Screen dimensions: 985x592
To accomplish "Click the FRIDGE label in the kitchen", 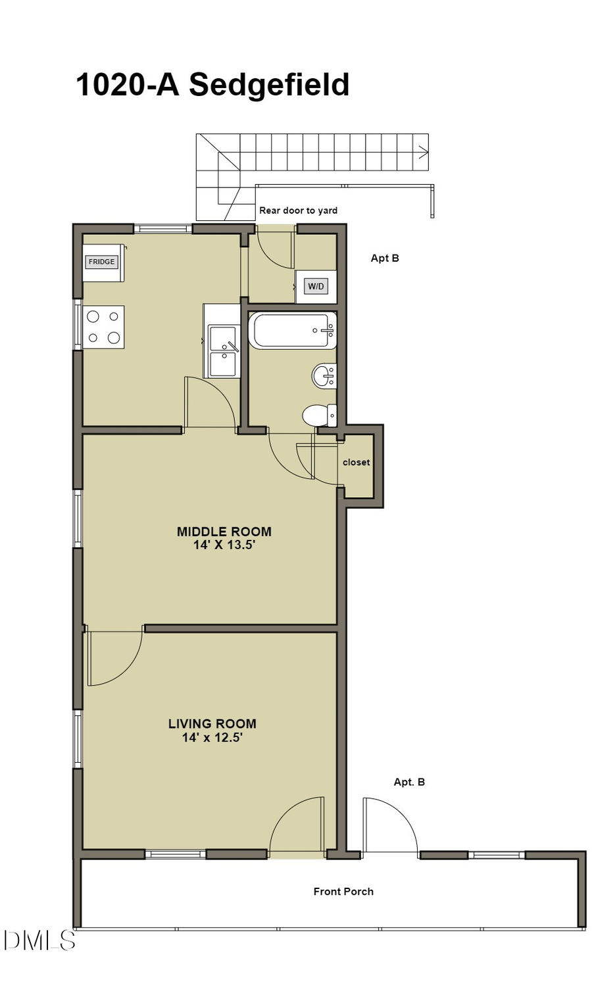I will pos(101,262).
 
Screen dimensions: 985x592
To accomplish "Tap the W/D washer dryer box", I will pos(316,287).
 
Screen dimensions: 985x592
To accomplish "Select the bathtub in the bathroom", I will pos(292,331).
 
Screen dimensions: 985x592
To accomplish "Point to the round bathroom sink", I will pos(323,376).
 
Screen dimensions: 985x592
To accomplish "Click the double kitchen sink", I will pos(223,351).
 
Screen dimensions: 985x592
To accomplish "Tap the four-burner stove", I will pos(104,327).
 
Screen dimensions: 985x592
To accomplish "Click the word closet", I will pos(356,462).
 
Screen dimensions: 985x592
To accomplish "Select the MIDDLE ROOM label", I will pos(224,531).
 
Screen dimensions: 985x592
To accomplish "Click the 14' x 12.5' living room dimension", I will pos(212,738).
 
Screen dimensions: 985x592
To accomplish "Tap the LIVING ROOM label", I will pos(212,723).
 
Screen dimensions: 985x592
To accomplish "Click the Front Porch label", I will pos(343,892).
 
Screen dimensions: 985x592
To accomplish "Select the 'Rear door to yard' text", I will pos(298,210).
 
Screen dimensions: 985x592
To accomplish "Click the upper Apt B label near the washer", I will pos(385,258).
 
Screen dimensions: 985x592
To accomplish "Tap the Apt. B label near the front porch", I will pos(409,782).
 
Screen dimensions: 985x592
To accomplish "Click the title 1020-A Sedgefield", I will pos(212,85).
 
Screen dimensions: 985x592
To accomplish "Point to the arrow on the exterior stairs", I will pos(422,153).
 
